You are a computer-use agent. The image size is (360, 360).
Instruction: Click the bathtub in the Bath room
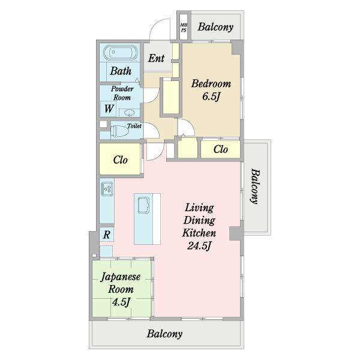(121, 53)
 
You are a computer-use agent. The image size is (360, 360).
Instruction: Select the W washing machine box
(109, 109)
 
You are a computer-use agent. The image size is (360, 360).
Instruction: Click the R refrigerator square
(107, 235)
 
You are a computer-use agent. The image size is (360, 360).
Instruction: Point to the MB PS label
(184, 28)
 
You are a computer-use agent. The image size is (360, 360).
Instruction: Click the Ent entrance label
(156, 58)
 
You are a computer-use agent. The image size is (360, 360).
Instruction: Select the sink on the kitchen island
(143, 205)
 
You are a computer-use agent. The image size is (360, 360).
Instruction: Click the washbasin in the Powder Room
(130, 113)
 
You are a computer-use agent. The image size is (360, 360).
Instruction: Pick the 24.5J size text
(199, 246)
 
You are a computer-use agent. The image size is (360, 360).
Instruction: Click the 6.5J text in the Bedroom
(211, 97)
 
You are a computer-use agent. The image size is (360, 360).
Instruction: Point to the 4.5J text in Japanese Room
(121, 302)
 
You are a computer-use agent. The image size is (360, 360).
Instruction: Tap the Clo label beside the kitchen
(121, 160)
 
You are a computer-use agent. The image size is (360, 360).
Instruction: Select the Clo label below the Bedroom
(220, 149)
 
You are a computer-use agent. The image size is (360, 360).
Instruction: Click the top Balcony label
(215, 27)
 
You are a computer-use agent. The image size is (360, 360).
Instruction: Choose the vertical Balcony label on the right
(255, 186)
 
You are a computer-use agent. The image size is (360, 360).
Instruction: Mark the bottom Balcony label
(164, 334)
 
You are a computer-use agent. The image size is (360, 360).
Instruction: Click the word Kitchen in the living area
(199, 233)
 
